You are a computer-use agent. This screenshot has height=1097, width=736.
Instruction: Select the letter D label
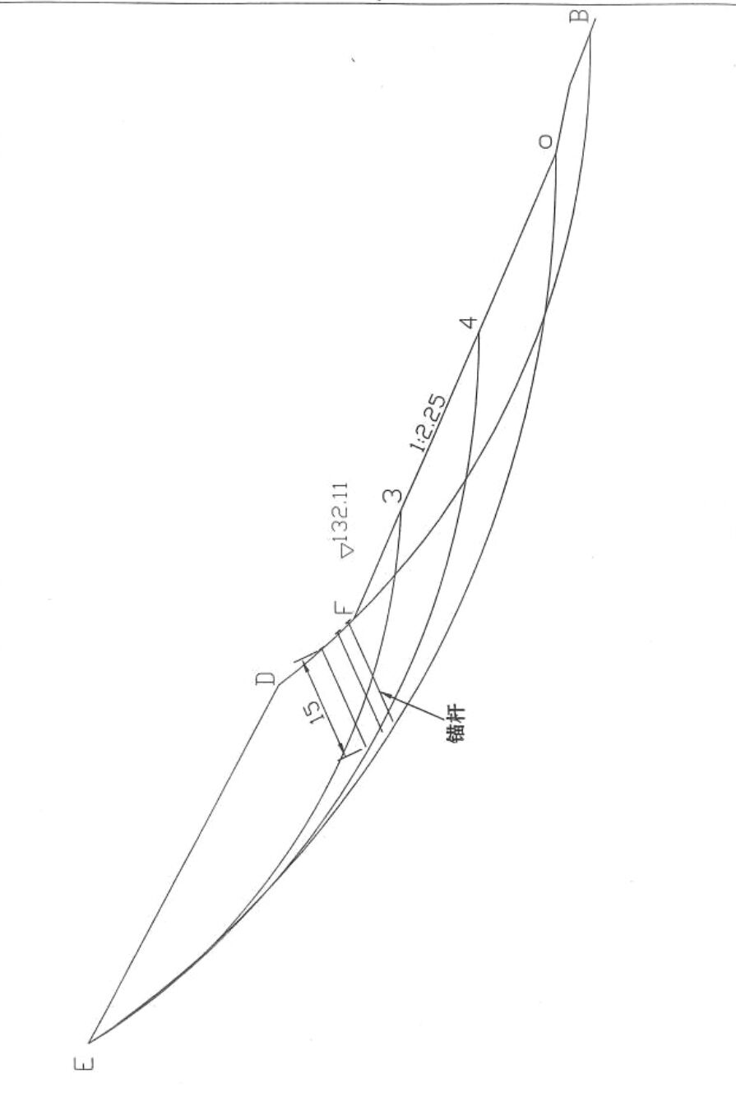click(x=266, y=679)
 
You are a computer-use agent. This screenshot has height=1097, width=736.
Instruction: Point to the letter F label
click(x=344, y=609)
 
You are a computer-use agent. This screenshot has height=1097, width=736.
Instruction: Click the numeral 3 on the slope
click(x=393, y=496)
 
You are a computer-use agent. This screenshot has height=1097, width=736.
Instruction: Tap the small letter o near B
click(x=545, y=142)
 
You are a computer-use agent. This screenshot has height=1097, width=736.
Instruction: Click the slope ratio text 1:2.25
click(x=428, y=424)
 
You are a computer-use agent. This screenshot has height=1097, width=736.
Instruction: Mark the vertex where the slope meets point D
click(x=279, y=683)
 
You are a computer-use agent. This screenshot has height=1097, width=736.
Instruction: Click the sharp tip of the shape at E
click(x=90, y=1041)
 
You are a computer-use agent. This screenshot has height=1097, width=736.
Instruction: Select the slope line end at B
click(x=591, y=18)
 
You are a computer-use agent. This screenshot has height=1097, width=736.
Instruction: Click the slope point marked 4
click(x=479, y=333)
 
